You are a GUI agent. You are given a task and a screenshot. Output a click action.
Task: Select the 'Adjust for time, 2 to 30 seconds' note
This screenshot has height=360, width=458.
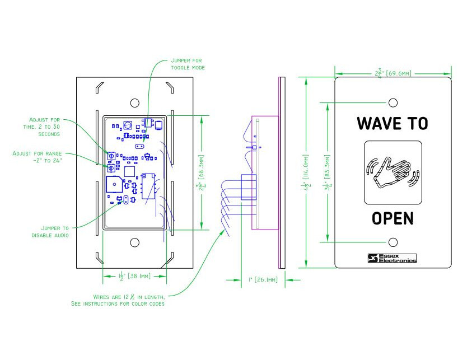[45, 127]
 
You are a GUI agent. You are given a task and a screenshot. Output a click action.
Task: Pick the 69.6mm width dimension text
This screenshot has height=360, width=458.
[392, 73]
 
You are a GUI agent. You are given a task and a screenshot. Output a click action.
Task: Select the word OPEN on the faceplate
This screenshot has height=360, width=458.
[392, 218]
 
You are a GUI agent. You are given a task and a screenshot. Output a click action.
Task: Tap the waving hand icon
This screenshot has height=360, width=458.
[392, 172]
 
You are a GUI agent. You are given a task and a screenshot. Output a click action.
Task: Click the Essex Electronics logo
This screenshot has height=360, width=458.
[392, 258]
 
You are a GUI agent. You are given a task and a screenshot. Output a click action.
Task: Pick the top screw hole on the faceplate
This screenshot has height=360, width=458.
[393, 102]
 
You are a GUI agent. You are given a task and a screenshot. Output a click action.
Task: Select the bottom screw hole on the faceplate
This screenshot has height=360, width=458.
[393, 242]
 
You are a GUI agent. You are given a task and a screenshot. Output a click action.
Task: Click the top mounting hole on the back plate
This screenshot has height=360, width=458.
[134, 103]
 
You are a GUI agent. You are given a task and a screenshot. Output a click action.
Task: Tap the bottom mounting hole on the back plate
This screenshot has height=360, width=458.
[134, 242]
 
